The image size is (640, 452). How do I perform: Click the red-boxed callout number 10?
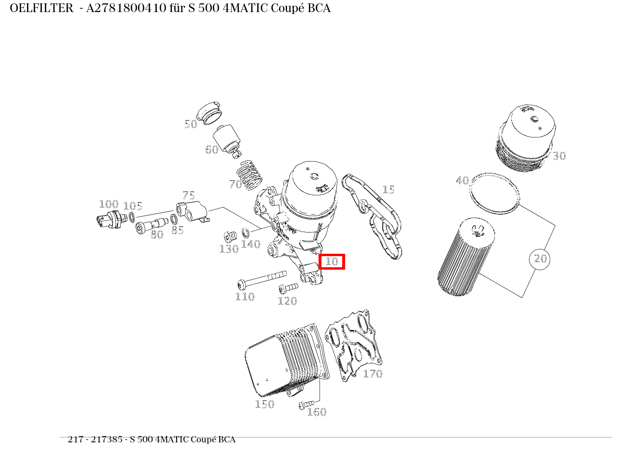click(332, 262)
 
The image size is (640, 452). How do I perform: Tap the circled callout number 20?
click(540, 259)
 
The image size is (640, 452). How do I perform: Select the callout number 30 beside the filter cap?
click(559, 156)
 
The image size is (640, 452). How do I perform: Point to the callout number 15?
click(389, 190)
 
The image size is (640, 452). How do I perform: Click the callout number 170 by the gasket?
click(373, 374)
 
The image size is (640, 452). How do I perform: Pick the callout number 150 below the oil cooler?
click(264, 404)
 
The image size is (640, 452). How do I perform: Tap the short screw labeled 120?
click(288, 288)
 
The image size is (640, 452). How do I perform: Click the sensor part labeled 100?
click(108, 219)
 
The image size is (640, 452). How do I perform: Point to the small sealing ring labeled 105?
click(131, 217)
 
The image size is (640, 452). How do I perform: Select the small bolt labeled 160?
click(306, 404)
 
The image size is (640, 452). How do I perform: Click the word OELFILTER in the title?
click(42, 8)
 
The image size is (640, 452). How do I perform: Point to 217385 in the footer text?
click(110, 439)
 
